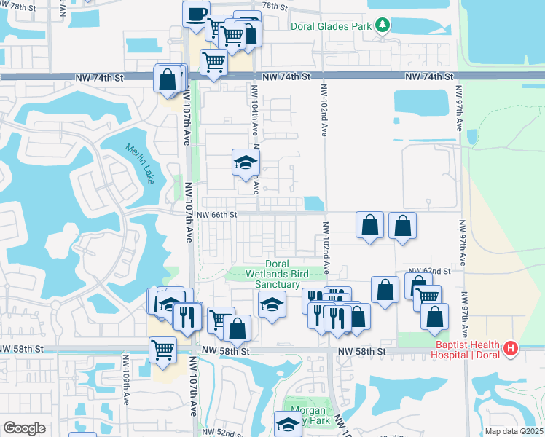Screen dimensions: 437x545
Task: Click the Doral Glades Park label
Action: tap(332, 26)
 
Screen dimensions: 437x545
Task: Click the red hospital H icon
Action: tap(511, 349)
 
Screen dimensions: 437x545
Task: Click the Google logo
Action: tap(24, 428)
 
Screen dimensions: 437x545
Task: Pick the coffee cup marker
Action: tap(196, 15)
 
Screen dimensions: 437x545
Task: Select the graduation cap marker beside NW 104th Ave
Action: tap(246, 162)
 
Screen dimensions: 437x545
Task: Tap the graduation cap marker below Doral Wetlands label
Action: tap(271, 304)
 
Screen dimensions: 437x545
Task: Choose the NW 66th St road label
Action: tap(217, 215)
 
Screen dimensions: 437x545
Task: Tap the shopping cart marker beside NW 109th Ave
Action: tap(162, 350)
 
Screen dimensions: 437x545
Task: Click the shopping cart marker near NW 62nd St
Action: tap(428, 296)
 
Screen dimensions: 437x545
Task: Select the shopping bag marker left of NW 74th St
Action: tap(168, 79)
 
